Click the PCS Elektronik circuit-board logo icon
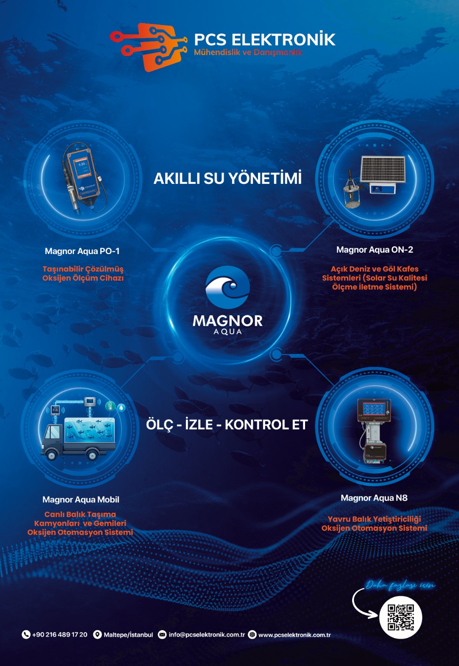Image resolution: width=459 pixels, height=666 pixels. [x=148, y=47]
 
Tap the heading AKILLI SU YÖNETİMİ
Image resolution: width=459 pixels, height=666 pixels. [x=228, y=178]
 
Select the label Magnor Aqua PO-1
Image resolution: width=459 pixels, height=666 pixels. [x=82, y=251]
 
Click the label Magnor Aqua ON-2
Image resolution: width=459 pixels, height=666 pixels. [x=375, y=250]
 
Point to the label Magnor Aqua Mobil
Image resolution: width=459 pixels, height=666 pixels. [x=81, y=500]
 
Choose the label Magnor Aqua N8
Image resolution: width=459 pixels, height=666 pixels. [x=374, y=498]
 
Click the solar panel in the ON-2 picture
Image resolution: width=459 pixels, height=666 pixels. [x=383, y=169]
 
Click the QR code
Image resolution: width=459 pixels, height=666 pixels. [x=401, y=617]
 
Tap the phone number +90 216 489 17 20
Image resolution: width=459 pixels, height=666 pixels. [x=60, y=634]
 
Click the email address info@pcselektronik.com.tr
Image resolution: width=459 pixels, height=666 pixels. [x=207, y=634]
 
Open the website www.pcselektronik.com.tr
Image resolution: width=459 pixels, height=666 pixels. [x=295, y=635]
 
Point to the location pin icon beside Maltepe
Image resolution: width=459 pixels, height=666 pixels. [x=97, y=634]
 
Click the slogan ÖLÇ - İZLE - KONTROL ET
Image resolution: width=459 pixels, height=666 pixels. [x=227, y=424]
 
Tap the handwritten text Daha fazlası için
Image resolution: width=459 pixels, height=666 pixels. [x=401, y=585]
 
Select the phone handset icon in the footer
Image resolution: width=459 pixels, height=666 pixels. [x=26, y=634]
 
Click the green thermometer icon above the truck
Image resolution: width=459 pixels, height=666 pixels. [x=111, y=406]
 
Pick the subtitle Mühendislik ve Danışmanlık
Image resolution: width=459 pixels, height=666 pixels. [x=248, y=52]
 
